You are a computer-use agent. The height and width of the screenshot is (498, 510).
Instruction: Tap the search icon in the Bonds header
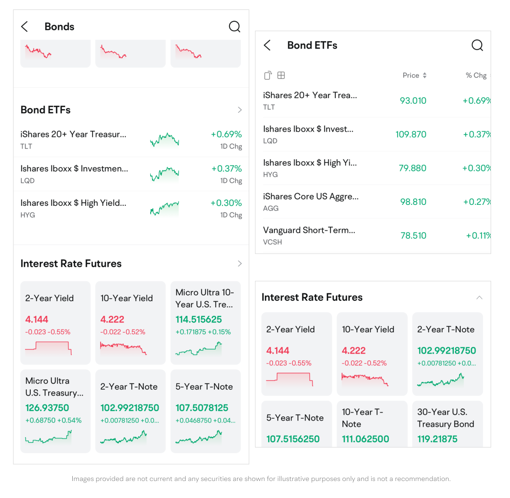click(x=235, y=27)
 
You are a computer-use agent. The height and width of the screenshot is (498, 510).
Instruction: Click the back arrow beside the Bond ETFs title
click(x=267, y=45)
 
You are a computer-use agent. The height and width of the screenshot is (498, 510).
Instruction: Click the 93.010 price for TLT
click(x=413, y=101)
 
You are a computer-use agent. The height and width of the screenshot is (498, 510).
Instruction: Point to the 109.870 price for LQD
click(x=411, y=135)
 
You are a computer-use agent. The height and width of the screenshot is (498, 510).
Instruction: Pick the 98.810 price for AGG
click(x=413, y=202)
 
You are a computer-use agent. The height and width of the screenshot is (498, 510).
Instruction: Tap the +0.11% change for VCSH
click(x=478, y=236)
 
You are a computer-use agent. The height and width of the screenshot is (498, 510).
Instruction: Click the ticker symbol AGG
click(x=271, y=208)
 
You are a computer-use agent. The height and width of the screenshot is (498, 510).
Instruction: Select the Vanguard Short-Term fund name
click(x=309, y=230)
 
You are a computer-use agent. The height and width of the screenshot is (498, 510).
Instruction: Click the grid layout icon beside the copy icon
click(x=281, y=76)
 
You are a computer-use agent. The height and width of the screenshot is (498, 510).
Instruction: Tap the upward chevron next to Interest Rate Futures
click(x=479, y=297)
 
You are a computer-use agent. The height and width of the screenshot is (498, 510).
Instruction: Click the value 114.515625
click(x=198, y=320)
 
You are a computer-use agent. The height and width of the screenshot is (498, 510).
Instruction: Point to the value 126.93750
click(x=47, y=408)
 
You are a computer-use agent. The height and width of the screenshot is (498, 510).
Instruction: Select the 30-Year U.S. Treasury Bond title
click(x=445, y=418)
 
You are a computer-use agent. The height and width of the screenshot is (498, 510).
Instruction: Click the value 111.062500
click(x=365, y=439)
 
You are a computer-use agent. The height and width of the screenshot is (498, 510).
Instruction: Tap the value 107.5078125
click(x=202, y=408)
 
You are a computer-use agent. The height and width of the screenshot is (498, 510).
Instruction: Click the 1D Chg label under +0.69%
click(x=231, y=146)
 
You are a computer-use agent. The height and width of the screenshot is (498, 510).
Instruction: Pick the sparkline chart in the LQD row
click(x=164, y=174)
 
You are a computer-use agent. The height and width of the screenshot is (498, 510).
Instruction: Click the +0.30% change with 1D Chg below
click(x=226, y=203)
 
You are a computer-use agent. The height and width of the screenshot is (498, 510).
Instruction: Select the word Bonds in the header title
click(x=59, y=27)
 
